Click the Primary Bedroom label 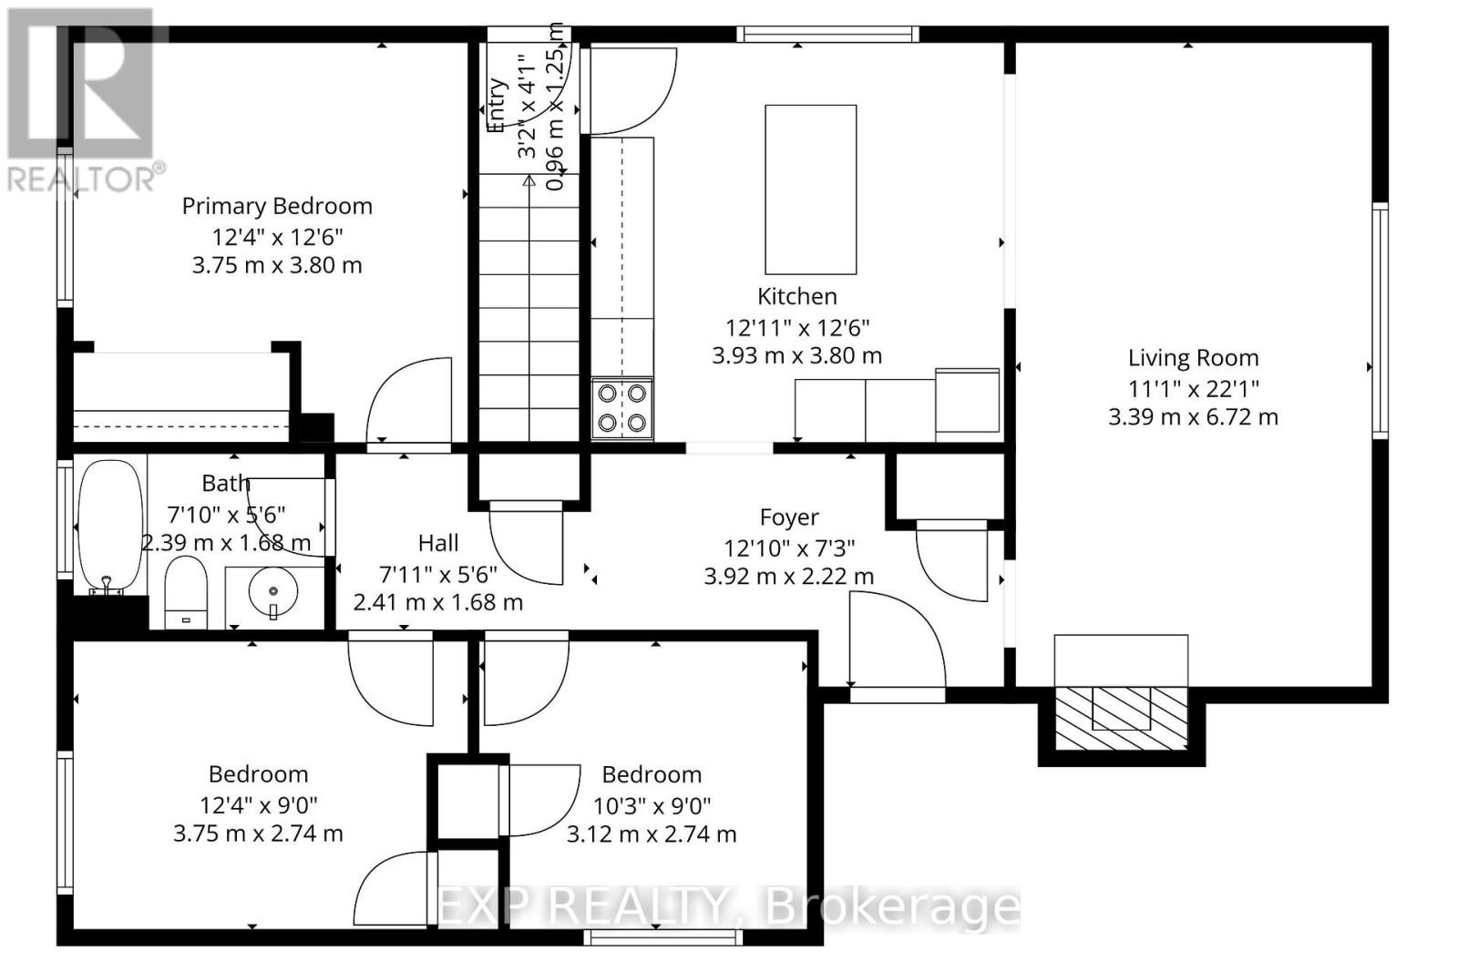tap(277, 206)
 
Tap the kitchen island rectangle tap(810, 189)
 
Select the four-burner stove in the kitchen tap(621, 408)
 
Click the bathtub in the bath tap(109, 527)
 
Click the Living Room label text tap(1193, 358)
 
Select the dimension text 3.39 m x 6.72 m tap(1193, 417)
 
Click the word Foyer tap(789, 517)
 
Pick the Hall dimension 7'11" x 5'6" tap(437, 574)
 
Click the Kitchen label tap(796, 296)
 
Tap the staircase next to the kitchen tap(529, 310)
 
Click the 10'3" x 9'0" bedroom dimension tap(651, 805)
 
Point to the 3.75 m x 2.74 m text tap(258, 834)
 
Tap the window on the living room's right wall tap(1380, 319)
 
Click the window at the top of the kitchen tap(827, 35)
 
